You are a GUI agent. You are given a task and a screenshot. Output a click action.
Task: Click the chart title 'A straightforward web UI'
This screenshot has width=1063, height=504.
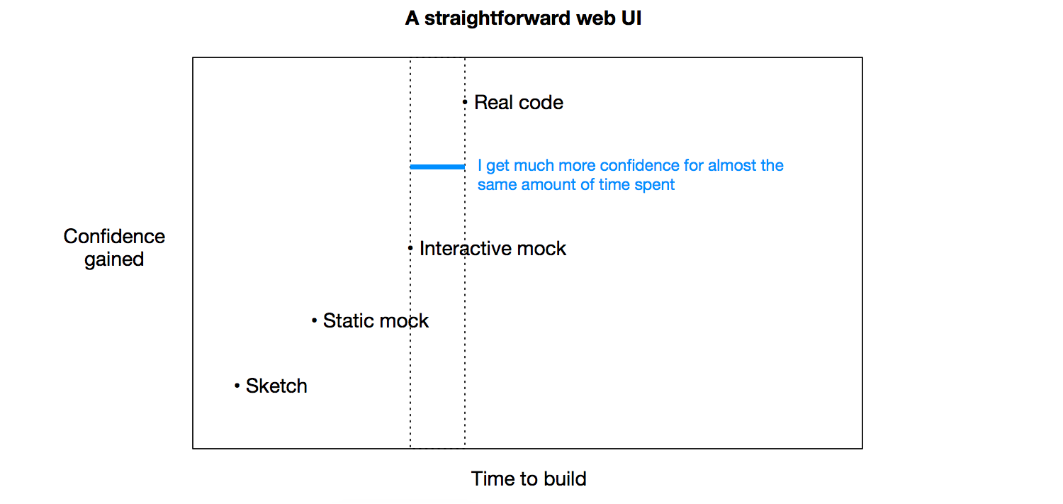click(x=523, y=18)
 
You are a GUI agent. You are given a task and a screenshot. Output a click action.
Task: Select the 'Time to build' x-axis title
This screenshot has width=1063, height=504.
click(x=529, y=478)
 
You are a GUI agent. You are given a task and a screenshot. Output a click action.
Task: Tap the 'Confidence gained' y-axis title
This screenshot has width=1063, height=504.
click(x=114, y=248)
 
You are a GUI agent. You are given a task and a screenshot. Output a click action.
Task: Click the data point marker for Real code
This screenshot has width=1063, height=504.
click(x=465, y=102)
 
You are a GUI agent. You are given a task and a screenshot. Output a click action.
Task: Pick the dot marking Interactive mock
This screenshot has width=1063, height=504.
click(x=410, y=248)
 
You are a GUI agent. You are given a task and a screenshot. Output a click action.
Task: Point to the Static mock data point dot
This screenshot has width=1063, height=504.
click(x=314, y=321)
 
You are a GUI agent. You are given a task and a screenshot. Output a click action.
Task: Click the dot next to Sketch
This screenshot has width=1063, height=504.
click(x=237, y=386)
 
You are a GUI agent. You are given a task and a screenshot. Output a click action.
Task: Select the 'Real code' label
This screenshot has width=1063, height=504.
click(x=519, y=103)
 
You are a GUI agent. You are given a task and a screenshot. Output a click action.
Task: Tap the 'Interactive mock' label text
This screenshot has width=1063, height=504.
click(x=493, y=249)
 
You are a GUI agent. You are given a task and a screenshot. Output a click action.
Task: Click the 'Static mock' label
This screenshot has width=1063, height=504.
click(x=376, y=321)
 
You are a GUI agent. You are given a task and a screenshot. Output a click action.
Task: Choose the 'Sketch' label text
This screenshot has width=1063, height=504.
click(x=276, y=386)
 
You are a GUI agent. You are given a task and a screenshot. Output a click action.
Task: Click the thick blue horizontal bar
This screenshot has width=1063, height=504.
click(x=437, y=167)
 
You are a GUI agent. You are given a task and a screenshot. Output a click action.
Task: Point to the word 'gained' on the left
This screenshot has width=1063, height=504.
click(x=114, y=260)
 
